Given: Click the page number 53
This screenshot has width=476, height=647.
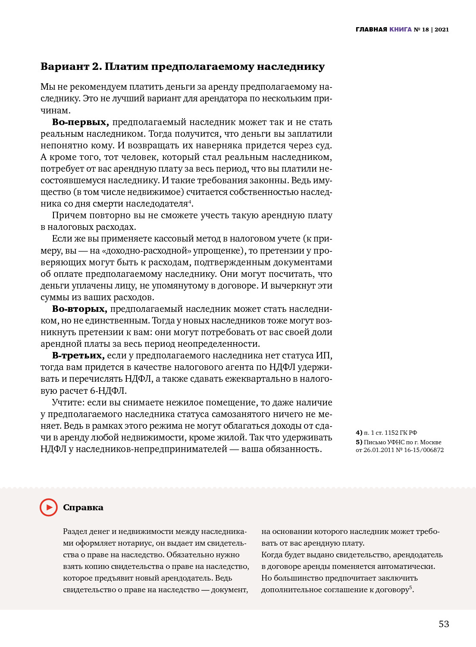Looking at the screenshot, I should (444, 624).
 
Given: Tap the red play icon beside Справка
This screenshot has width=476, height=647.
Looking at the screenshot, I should (49, 507).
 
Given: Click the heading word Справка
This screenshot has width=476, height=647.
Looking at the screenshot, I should (83, 508).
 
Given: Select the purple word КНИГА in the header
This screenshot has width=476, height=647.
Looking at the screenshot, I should (401, 30).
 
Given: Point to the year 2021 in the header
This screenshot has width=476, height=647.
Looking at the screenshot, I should (442, 30).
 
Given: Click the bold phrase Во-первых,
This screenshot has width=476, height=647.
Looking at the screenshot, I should (80, 122).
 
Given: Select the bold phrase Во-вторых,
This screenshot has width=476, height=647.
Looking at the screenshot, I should (79, 309).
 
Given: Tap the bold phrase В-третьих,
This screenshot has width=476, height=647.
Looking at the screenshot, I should (78, 355).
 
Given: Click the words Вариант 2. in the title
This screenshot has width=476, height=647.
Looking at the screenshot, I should (71, 66).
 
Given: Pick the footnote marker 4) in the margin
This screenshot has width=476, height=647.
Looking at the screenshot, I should (359, 433).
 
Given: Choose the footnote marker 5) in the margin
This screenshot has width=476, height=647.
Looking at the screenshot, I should (359, 442).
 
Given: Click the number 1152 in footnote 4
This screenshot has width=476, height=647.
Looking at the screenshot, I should (391, 433).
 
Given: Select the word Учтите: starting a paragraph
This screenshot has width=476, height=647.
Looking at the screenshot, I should (68, 402).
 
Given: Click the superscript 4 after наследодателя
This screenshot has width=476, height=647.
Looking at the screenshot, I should (190, 201).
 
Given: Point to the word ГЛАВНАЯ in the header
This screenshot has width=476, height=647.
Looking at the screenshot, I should (371, 30).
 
